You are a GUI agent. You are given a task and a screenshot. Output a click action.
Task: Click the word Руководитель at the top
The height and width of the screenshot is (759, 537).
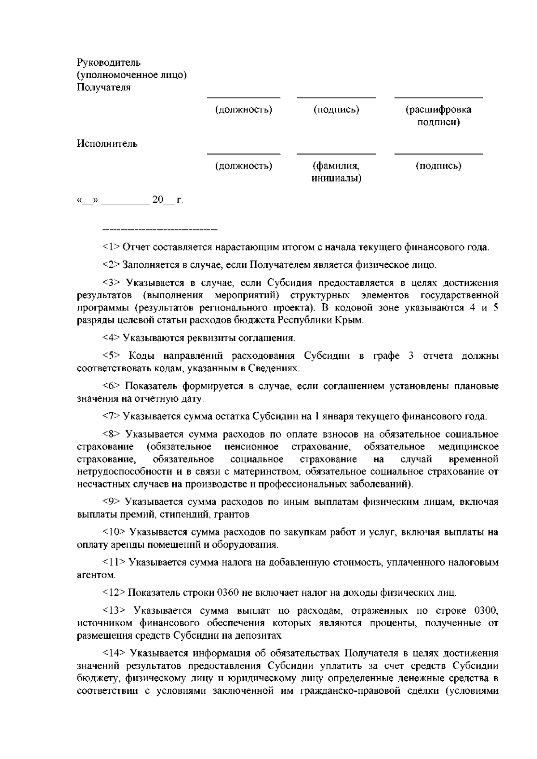[x=109, y=62]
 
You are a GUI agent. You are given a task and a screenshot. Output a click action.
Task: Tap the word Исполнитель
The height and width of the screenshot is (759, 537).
[x=107, y=144]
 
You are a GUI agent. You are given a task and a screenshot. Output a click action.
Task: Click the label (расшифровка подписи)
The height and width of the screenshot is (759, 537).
[x=438, y=116]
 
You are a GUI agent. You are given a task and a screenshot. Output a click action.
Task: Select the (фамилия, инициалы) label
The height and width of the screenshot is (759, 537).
[x=337, y=172]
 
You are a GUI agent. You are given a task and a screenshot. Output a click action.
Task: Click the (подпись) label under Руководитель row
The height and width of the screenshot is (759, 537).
[x=337, y=110]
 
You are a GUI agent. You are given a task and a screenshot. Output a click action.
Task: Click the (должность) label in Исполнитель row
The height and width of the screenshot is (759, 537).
[x=243, y=166]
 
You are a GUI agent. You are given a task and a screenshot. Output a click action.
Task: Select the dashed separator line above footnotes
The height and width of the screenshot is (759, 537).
[x=160, y=230]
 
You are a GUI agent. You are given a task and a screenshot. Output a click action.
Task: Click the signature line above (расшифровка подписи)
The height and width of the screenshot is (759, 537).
[x=438, y=98]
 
